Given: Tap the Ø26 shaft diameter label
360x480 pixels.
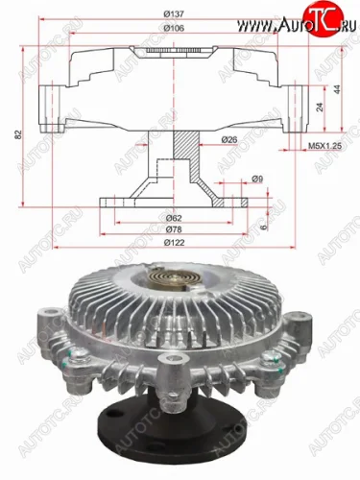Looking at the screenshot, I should (228, 140).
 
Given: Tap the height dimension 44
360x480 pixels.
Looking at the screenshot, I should (338, 88).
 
